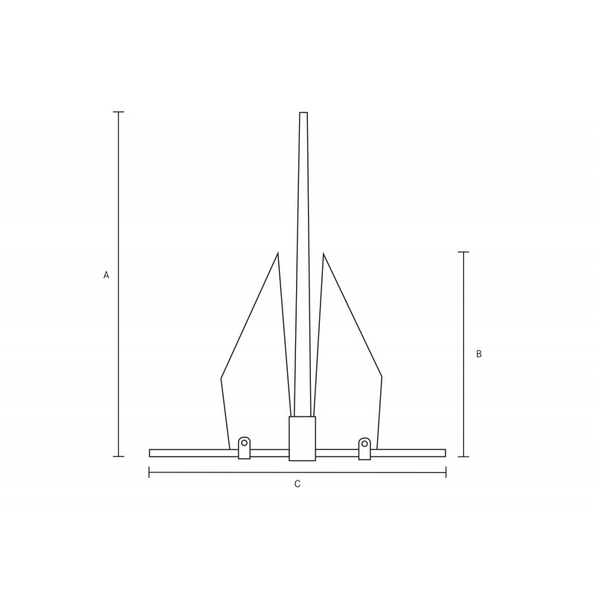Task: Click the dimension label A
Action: [106, 274]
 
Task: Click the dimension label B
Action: [479, 354]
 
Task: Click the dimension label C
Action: [297, 484]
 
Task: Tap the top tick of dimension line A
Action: [118, 112]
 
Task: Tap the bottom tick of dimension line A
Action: [118, 456]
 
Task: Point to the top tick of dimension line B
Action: [463, 252]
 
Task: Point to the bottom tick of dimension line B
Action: [463, 457]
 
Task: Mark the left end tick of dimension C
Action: [149, 472]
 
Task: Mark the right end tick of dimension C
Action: [446, 472]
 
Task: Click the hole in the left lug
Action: [245, 443]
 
